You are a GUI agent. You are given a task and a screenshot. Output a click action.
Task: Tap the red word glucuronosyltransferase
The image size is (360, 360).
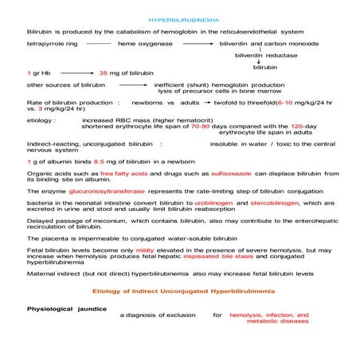[x=135, y=192]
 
